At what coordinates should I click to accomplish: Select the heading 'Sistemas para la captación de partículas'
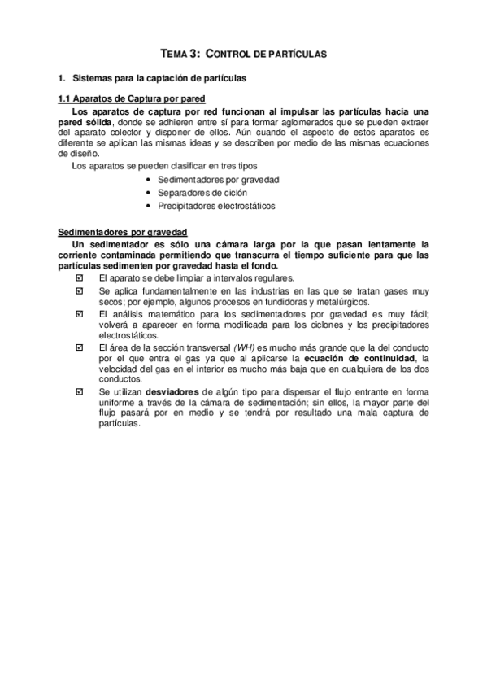(x=159, y=80)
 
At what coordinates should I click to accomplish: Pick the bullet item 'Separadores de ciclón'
(x=202, y=193)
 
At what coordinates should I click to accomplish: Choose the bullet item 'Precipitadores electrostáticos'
(x=216, y=207)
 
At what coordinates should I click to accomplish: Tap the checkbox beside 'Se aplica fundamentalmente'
(x=79, y=290)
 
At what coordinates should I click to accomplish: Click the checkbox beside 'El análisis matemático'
(x=79, y=313)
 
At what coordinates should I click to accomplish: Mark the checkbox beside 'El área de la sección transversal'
(x=79, y=347)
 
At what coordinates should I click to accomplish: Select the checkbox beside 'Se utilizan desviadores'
(x=79, y=392)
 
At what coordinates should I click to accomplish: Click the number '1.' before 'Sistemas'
(x=60, y=80)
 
